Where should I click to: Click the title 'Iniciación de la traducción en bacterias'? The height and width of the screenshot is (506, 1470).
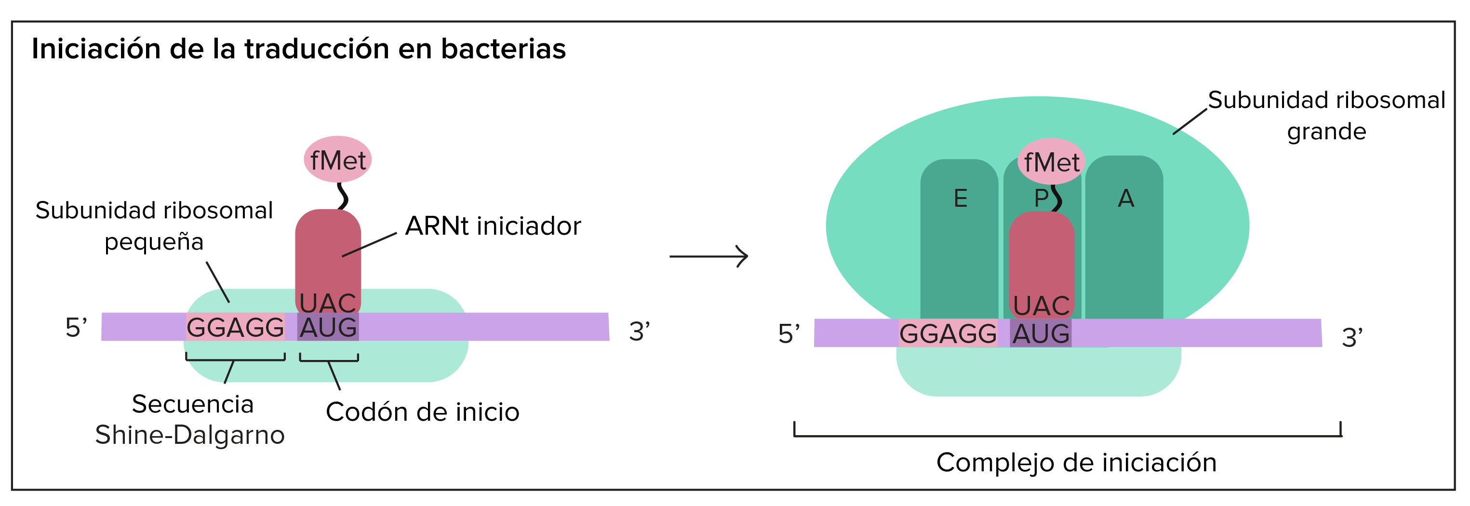pyautogui.click(x=298, y=49)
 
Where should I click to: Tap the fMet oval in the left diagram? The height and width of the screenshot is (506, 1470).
pyautogui.click(x=338, y=160)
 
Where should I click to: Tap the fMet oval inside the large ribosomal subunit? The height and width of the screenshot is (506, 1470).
pyautogui.click(x=1051, y=162)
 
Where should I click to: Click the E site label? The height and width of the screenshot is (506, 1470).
pyautogui.click(x=961, y=199)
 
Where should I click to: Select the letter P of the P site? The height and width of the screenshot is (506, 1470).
pyautogui.click(x=1041, y=199)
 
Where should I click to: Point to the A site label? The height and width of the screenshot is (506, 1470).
pyautogui.click(x=1125, y=199)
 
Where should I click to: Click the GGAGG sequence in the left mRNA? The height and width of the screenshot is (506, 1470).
pyautogui.click(x=235, y=327)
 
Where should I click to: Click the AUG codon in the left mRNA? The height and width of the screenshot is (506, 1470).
pyautogui.click(x=328, y=327)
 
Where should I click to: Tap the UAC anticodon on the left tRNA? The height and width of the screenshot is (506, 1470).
pyautogui.click(x=328, y=302)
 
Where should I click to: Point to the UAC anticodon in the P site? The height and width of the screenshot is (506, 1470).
pyautogui.click(x=1042, y=305)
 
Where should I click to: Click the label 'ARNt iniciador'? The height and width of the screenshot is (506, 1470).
pyautogui.click(x=493, y=226)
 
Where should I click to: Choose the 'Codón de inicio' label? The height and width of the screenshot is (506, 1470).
pyautogui.click(x=422, y=412)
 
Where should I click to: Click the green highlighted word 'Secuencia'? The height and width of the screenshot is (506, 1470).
pyautogui.click(x=192, y=404)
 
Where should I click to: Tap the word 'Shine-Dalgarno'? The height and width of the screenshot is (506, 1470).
pyautogui.click(x=189, y=435)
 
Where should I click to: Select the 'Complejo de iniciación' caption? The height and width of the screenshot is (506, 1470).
pyautogui.click(x=1076, y=462)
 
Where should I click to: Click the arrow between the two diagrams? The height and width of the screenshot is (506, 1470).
pyautogui.click(x=709, y=256)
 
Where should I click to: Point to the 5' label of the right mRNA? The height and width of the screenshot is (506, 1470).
pyautogui.click(x=788, y=334)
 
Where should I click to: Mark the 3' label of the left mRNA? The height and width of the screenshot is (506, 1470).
pyautogui.click(x=639, y=331)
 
